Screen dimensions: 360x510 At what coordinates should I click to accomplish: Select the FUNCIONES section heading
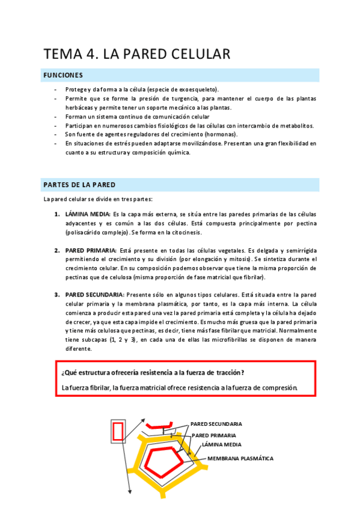tap(63, 75)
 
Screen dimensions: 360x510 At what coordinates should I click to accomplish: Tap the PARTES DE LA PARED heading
tap(79, 185)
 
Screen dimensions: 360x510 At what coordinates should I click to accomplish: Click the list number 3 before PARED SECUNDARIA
tap(57, 294)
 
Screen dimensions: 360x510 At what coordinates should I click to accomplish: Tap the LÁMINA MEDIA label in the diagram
tap(222, 445)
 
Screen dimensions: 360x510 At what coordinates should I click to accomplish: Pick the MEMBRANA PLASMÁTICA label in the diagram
tap(240, 458)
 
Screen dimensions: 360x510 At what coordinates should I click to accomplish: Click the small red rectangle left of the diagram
tap(118, 431)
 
